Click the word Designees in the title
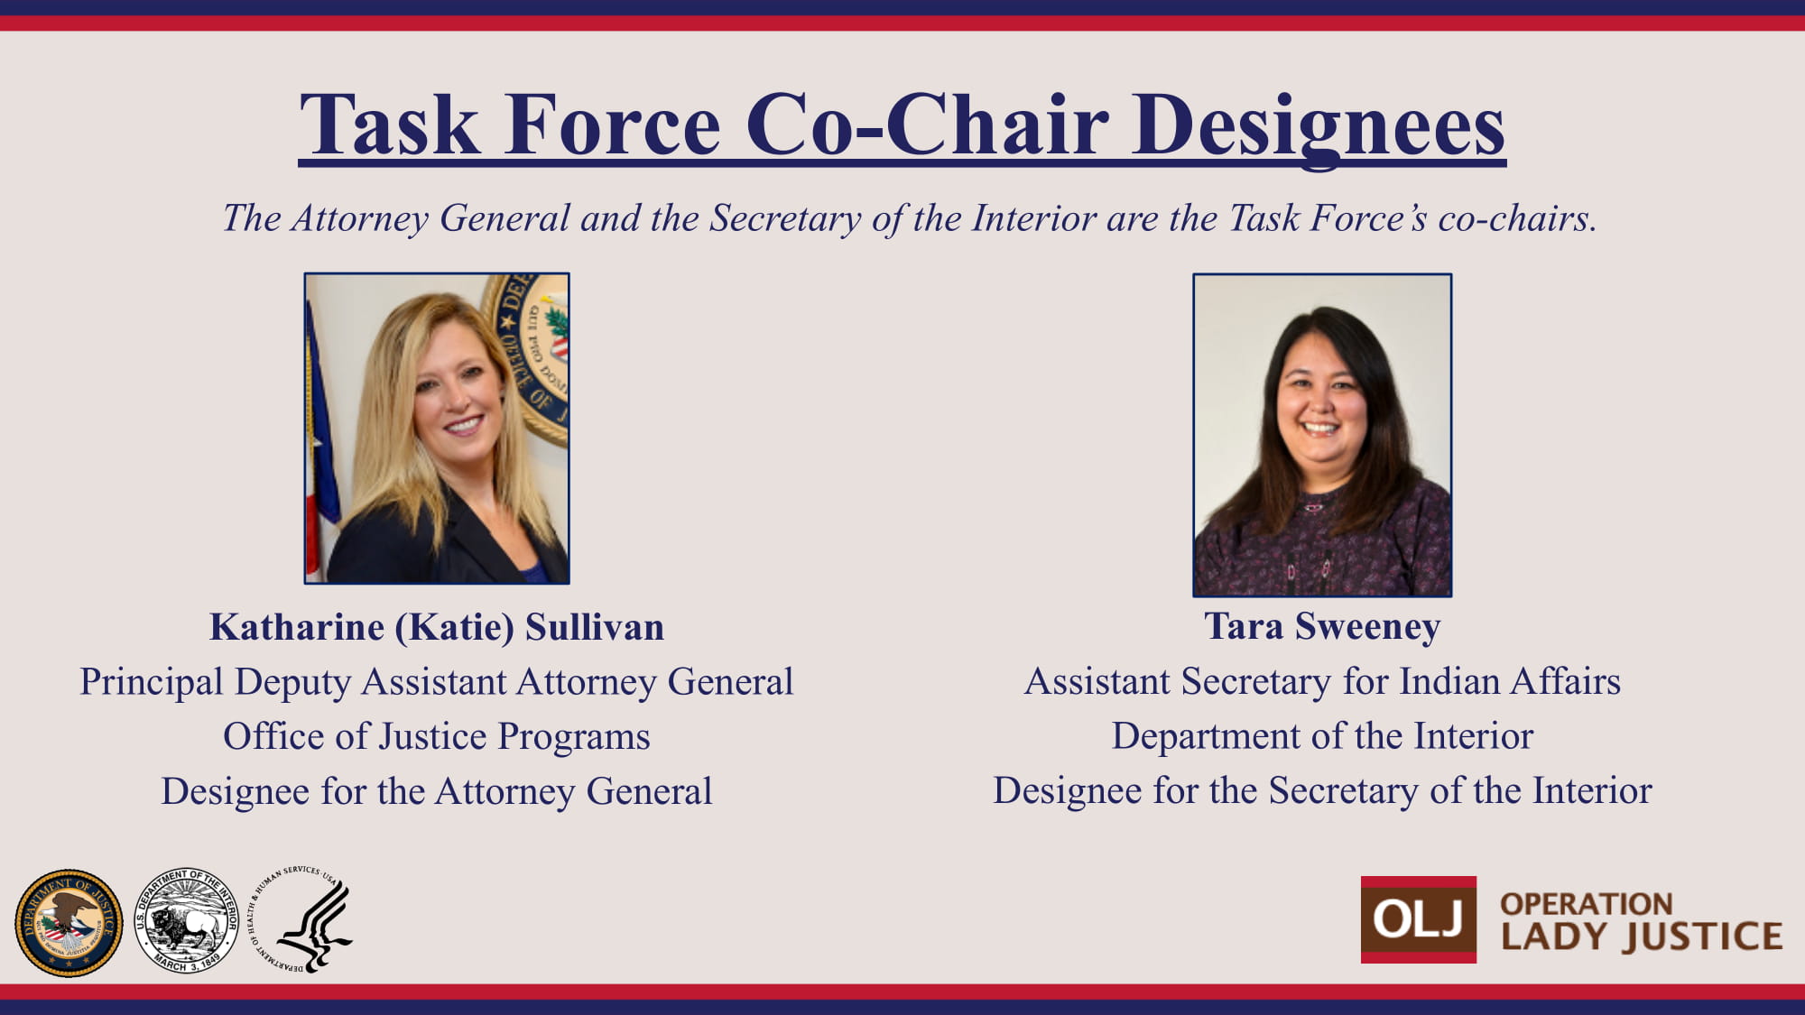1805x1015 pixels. point(1319,126)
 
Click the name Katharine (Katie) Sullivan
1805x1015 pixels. point(437,627)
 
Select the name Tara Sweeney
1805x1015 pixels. point(1322,626)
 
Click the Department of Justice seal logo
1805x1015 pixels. point(69,923)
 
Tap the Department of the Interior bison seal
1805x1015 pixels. point(187,920)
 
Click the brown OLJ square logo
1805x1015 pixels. point(1419,919)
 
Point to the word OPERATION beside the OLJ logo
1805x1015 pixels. point(1587,903)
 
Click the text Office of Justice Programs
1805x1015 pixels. point(437,736)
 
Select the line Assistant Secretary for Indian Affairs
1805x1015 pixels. point(1322,681)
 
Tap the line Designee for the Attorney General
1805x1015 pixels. point(437,791)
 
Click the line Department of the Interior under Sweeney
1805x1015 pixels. point(1322,736)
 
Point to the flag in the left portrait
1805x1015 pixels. point(320,442)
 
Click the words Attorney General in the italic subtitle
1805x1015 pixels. point(430,218)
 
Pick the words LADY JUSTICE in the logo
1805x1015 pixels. point(1642,937)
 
